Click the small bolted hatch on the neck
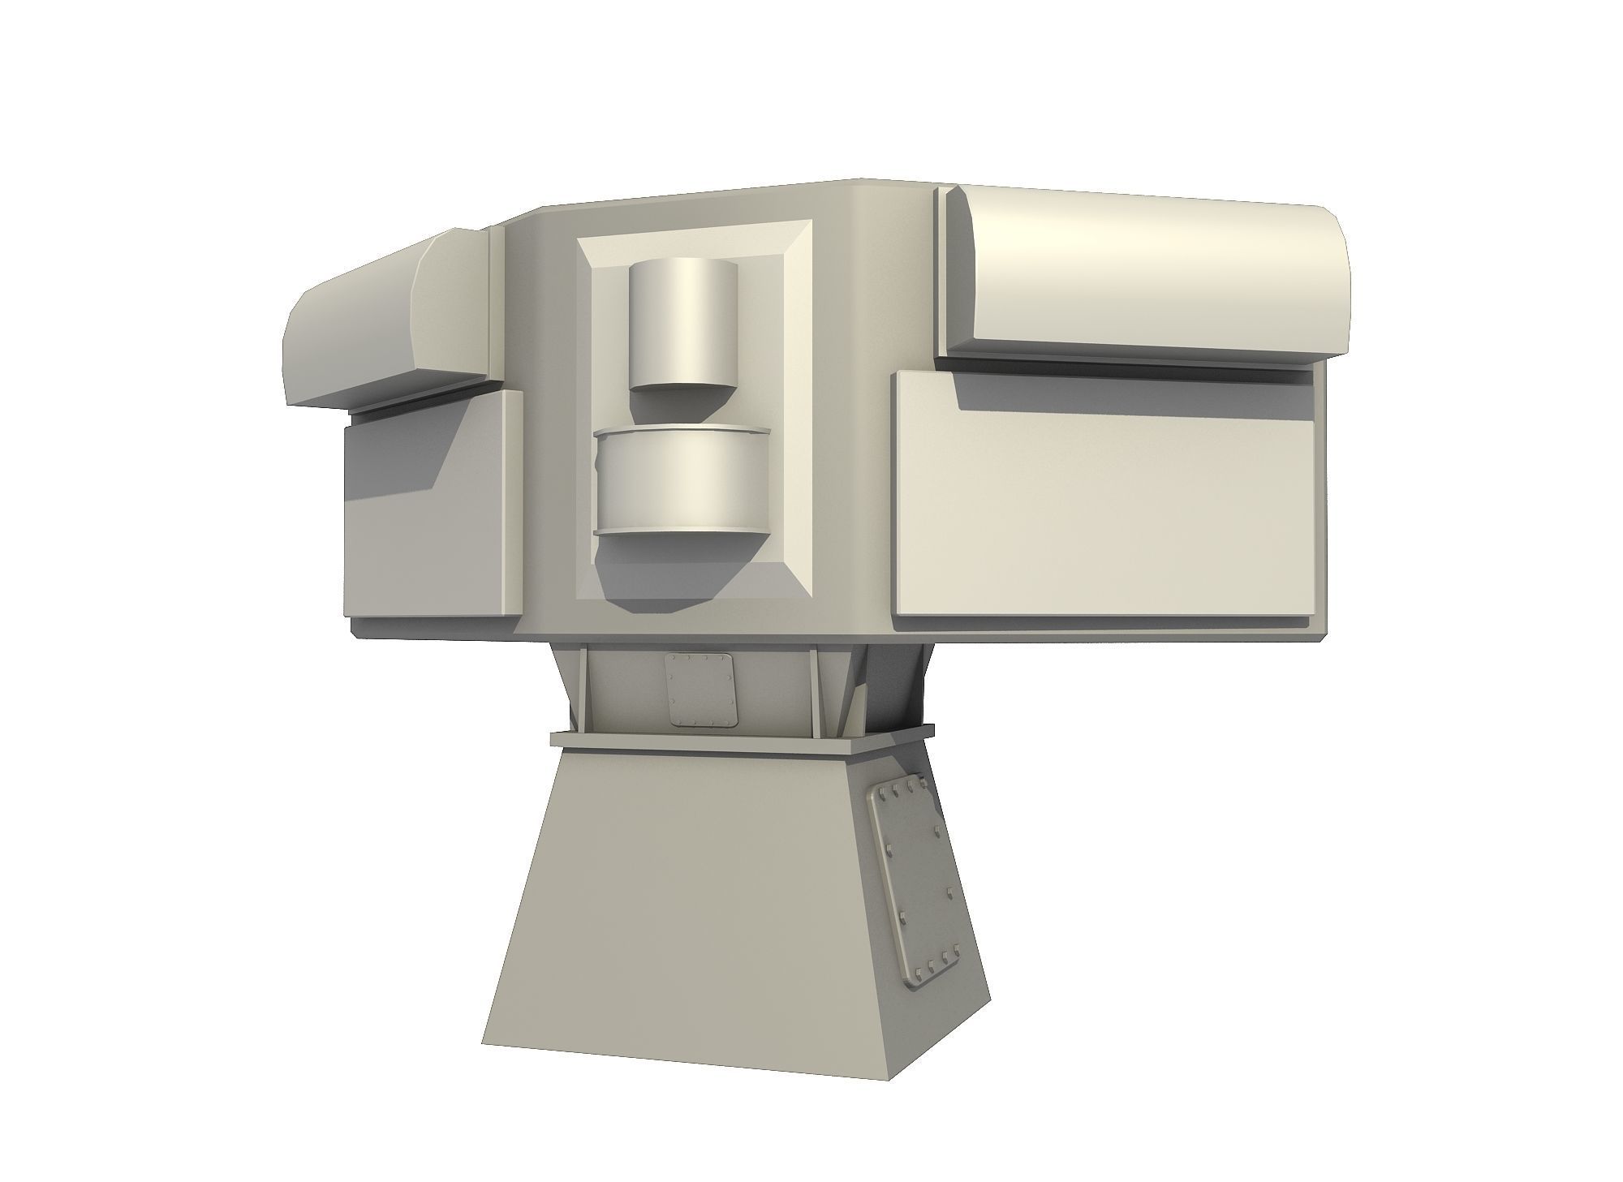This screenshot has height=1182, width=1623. (700, 690)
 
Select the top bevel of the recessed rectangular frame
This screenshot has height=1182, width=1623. (694, 230)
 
